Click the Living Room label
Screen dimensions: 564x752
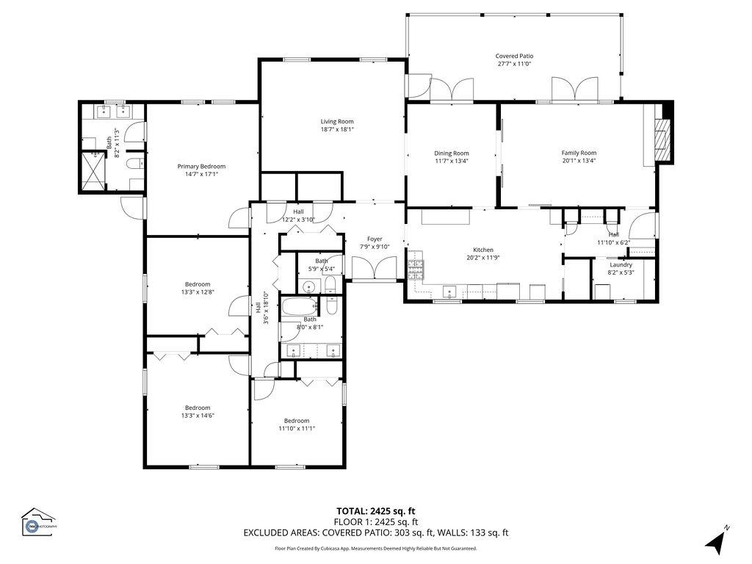pyautogui.click(x=337, y=121)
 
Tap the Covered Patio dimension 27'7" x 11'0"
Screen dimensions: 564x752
pyautogui.click(x=514, y=64)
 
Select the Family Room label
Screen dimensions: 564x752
pyautogui.click(x=579, y=153)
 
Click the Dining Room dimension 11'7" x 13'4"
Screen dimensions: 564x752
pyautogui.click(x=451, y=161)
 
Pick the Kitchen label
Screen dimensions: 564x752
pyautogui.click(x=483, y=250)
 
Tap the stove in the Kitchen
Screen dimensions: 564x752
pyautogui.click(x=416, y=270)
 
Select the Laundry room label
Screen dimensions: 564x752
pyautogui.click(x=621, y=264)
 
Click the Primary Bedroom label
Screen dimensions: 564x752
pyautogui.click(x=201, y=166)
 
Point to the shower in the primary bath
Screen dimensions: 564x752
pyautogui.click(x=93, y=172)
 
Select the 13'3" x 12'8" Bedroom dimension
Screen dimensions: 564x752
pyautogui.click(x=198, y=292)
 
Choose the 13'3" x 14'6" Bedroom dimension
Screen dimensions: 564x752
pyautogui.click(x=198, y=415)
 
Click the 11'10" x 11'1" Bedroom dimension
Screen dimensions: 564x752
pyautogui.click(x=297, y=428)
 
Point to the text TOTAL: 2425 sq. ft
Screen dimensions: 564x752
pyautogui.click(x=375, y=511)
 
